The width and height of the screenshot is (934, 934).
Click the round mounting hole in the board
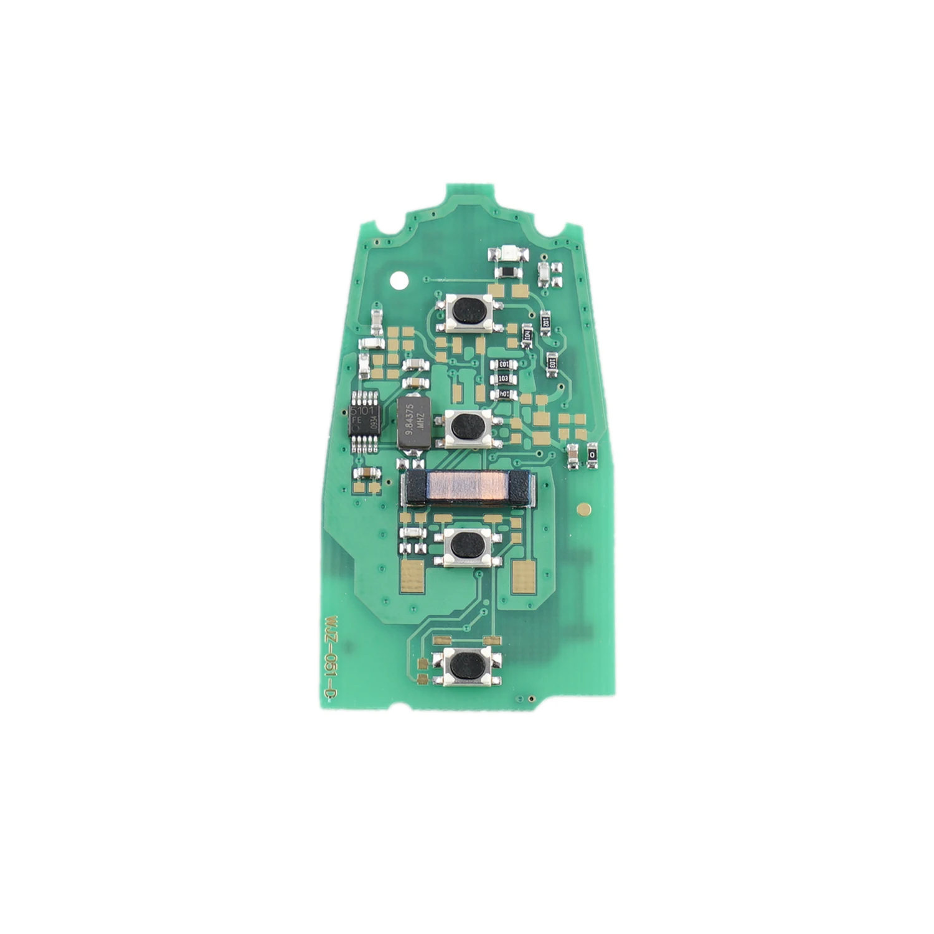pos(397,280)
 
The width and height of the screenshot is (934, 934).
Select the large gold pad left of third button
pos(413,575)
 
